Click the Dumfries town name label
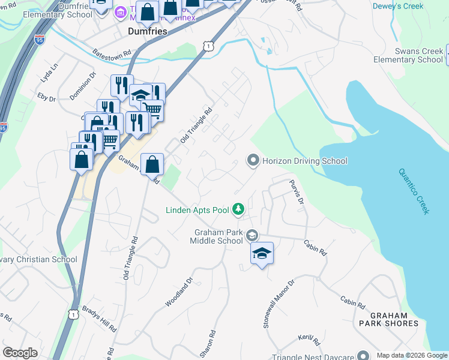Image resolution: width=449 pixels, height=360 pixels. point(148,31)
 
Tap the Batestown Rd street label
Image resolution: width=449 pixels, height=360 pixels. point(112,53)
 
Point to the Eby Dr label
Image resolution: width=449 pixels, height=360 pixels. point(46,96)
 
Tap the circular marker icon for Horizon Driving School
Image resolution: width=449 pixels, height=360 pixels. point(253,160)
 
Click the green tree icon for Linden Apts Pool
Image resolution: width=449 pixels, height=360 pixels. point(239,209)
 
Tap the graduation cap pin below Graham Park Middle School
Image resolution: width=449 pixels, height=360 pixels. point(262,253)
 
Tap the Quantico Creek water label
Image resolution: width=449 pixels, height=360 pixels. point(414,190)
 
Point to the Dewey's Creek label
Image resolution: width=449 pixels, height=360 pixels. point(397,7)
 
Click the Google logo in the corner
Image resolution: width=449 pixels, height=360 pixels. point(20,353)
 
